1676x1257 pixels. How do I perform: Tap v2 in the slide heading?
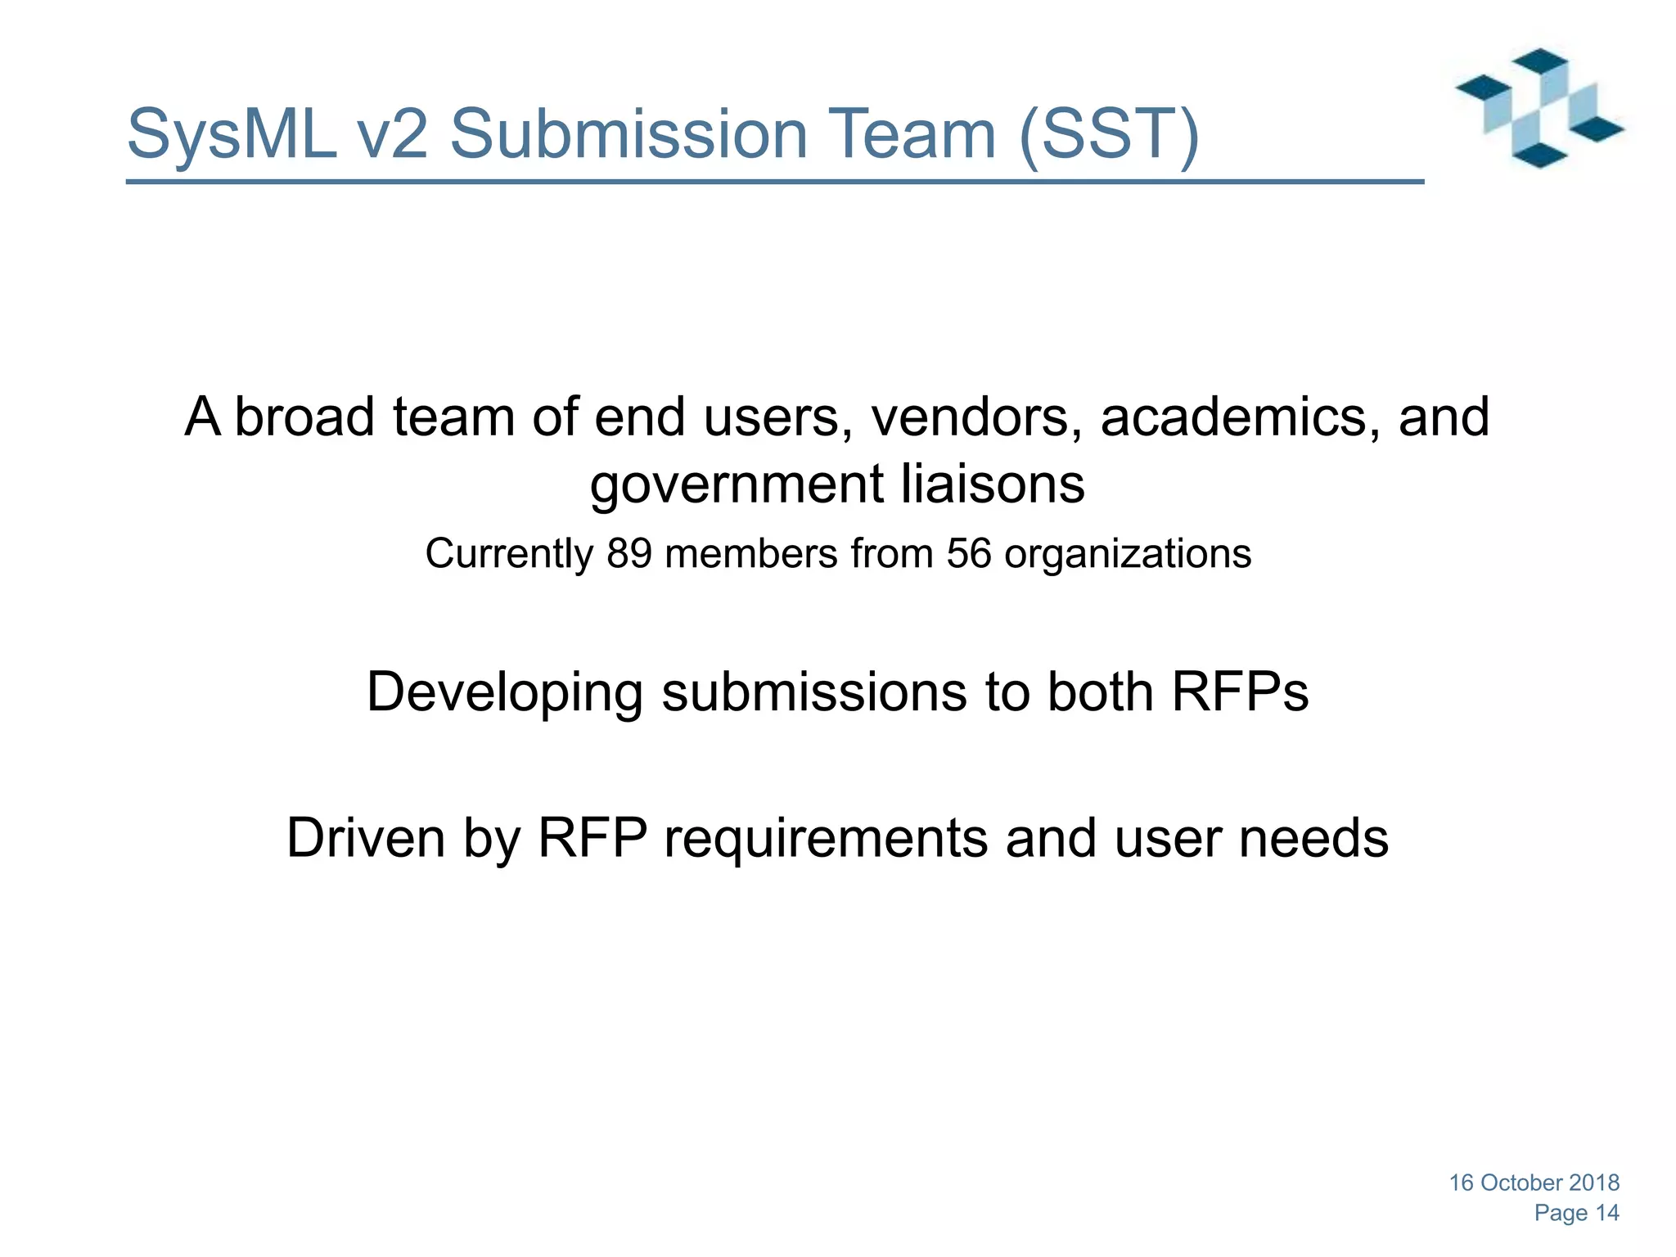point(392,133)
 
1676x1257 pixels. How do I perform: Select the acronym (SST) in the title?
point(1109,133)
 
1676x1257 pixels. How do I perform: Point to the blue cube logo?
point(1539,108)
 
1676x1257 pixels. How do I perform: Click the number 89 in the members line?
point(628,553)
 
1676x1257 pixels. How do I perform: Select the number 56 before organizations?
point(969,553)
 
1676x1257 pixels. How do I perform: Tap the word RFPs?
point(1240,692)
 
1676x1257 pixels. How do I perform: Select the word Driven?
point(366,838)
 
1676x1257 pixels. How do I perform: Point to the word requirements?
point(826,840)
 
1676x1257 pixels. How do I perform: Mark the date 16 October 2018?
point(1534,1183)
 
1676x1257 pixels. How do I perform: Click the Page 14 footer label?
point(1576,1213)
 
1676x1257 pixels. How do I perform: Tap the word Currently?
point(508,554)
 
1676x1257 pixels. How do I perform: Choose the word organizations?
point(1127,554)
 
